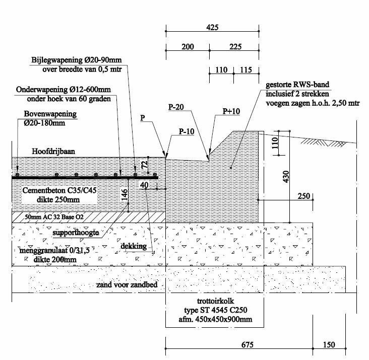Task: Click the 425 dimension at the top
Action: pyautogui.click(x=212, y=28)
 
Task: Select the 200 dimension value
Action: pyautogui.click(x=187, y=47)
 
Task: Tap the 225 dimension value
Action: pyautogui.click(x=234, y=47)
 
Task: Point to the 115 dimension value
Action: pyautogui.click(x=247, y=70)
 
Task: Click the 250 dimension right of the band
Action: pyautogui.click(x=303, y=196)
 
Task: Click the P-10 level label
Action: pyautogui.click(x=186, y=132)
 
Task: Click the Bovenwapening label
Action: pyautogui.click(x=50, y=114)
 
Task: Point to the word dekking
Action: pyautogui.click(x=134, y=246)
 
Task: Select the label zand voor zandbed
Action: pyautogui.click(x=127, y=285)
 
